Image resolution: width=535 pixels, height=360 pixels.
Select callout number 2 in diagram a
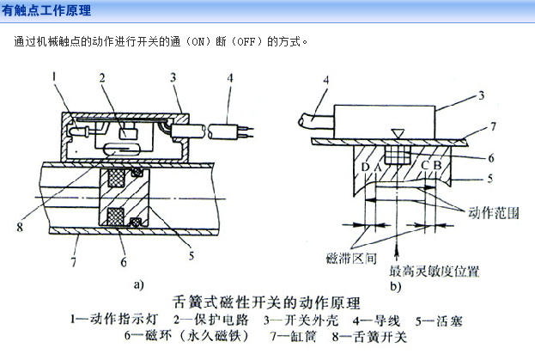tap(102, 78)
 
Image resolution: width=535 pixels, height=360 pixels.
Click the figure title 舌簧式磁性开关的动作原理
tap(267, 302)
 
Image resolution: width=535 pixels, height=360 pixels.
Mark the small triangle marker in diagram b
tap(396, 133)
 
